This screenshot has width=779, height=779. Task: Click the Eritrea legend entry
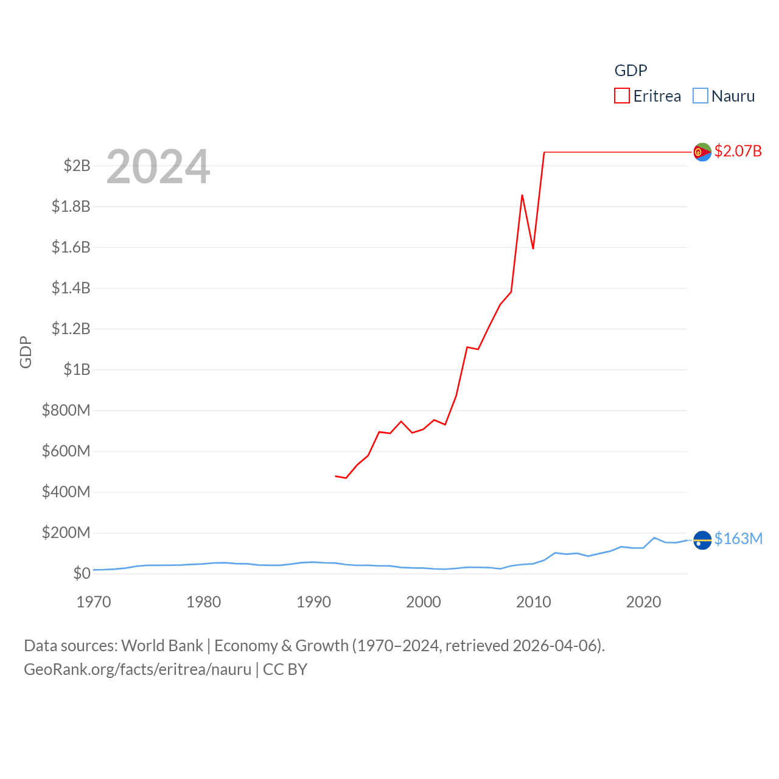coord(648,96)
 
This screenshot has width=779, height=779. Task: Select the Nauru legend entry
coord(724,96)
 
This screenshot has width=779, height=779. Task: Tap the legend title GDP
coord(631,71)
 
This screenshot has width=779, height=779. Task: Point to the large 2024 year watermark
coord(158,167)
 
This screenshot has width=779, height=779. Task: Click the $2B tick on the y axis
coord(77,166)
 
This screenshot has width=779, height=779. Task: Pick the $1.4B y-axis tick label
coord(71,288)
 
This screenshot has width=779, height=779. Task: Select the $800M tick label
coord(66,410)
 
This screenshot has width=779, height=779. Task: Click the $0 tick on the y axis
coord(82,573)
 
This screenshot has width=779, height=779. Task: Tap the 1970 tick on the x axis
coord(94,603)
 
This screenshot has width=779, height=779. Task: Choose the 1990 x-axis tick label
coord(313,603)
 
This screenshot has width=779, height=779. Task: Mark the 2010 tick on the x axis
coord(534,603)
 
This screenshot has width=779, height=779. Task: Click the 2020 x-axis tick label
coord(643,603)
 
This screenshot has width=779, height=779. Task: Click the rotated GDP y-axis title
coord(26,352)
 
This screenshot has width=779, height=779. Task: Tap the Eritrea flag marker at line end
coord(702,152)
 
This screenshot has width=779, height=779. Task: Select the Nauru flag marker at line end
coord(702,540)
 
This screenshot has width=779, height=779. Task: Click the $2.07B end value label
coord(738,151)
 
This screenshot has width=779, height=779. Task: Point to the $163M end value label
coord(738,539)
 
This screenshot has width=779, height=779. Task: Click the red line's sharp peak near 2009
coord(522,195)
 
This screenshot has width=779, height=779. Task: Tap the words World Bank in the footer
coord(162,646)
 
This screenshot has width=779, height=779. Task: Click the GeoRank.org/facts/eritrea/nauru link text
coord(138,669)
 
